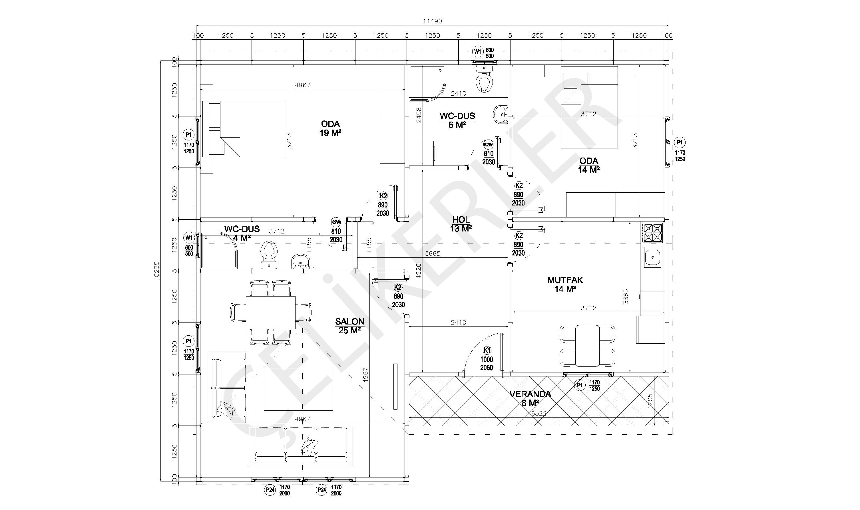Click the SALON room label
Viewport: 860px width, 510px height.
coord(349,321)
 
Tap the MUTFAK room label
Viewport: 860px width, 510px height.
coord(565,280)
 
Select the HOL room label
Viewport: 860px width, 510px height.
coord(461,219)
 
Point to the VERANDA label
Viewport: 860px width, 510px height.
coord(530,394)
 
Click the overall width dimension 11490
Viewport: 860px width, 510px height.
coord(432,21)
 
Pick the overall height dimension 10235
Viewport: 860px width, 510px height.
coord(157,271)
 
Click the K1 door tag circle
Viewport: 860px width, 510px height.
coord(487,350)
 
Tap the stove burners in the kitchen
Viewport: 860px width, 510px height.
coord(652,233)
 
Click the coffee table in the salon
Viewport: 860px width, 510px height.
coord(298,389)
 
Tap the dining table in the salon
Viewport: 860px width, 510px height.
coord(270,313)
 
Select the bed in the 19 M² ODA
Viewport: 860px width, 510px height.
coord(242,129)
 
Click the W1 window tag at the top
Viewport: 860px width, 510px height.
coord(477,52)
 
